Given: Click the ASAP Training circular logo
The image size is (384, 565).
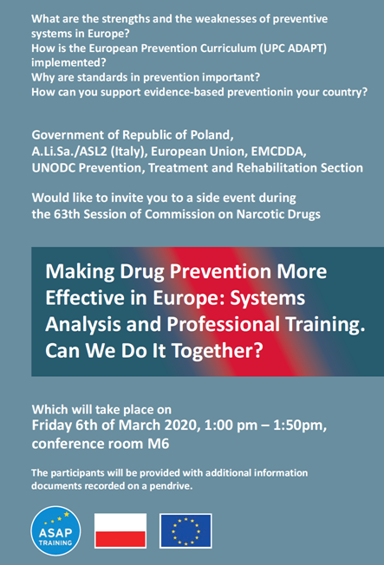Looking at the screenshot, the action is point(55,530).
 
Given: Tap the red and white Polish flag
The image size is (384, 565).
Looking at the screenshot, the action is point(120,530).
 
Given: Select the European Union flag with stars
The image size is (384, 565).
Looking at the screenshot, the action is point(185,530).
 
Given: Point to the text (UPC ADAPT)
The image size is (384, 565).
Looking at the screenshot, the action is point(293,49).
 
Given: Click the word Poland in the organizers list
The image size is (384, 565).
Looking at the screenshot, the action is point(212,135).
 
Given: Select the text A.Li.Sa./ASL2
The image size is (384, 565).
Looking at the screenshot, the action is point(69,152).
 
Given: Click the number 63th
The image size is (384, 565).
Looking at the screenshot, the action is point(67,214).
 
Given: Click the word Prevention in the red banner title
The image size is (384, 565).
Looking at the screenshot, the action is point(220,271).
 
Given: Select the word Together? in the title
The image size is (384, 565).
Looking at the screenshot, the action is point(217,351).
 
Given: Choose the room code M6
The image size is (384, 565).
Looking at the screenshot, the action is point(159,444).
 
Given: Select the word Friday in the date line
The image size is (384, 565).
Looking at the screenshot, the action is point(52,425).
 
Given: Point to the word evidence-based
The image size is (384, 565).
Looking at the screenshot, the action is point(185,92).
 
